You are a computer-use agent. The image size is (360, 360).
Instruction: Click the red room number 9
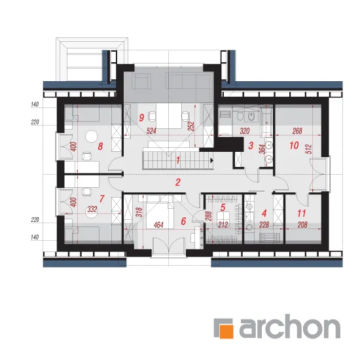141,118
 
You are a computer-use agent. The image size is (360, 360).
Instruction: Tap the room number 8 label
100,146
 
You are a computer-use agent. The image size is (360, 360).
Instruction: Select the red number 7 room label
102,198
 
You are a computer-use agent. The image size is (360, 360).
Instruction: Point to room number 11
302,213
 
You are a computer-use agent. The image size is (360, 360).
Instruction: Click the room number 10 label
294,145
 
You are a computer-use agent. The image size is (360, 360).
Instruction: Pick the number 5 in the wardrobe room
223,207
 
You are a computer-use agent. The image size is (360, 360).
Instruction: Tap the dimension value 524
151,131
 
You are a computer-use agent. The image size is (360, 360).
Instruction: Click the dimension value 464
158,225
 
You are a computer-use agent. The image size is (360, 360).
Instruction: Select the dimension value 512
309,149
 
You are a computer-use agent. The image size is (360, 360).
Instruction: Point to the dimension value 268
297,131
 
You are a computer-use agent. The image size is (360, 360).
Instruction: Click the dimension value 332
92,209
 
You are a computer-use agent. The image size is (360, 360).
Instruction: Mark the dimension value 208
302,225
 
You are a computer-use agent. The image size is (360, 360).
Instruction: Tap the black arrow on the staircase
211,160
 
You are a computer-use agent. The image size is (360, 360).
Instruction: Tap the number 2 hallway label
177,183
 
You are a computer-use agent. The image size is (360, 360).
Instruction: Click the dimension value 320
245,131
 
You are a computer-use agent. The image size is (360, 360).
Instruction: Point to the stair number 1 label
177,160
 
